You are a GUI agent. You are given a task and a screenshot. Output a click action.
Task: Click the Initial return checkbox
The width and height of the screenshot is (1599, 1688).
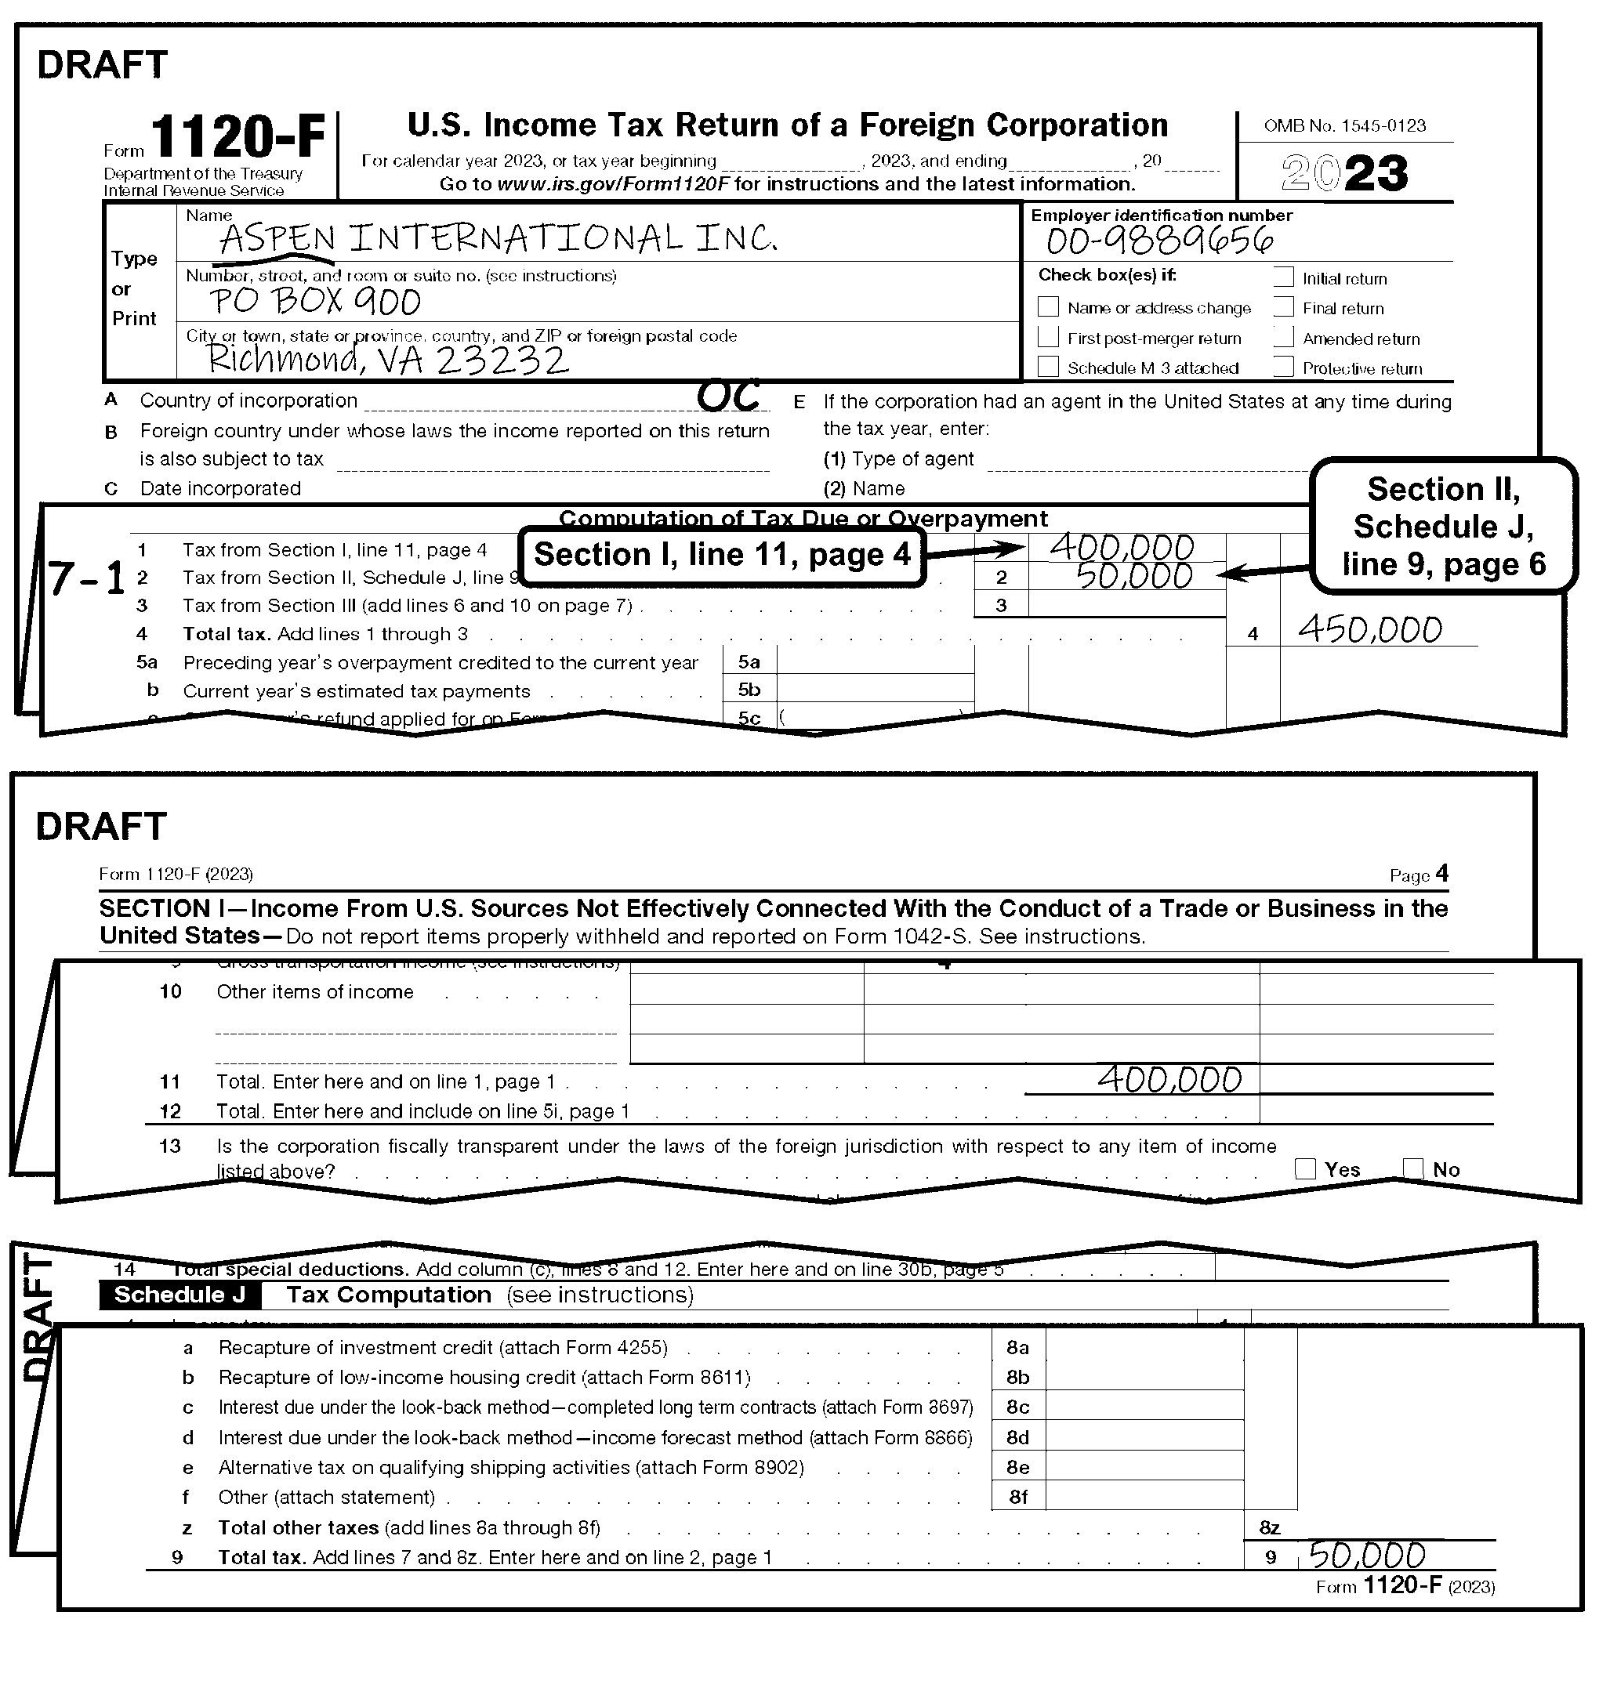[x=1283, y=277]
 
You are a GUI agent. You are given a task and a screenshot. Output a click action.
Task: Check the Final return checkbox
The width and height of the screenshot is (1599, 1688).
[x=1283, y=306]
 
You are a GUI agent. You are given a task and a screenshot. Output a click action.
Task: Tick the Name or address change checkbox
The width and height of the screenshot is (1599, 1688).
[x=1049, y=306]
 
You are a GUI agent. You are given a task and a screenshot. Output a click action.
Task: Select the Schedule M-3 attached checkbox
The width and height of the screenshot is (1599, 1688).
[x=1049, y=367]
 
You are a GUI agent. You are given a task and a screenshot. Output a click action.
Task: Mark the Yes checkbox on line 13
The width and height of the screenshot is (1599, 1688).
[x=1305, y=1168]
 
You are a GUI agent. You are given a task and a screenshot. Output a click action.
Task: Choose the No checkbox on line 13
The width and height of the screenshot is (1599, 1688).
[x=1412, y=1168]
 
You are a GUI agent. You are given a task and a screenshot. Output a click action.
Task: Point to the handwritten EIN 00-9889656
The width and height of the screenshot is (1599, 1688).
[x=1160, y=241]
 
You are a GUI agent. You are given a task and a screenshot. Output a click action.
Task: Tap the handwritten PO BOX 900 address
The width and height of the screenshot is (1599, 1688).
[x=315, y=302]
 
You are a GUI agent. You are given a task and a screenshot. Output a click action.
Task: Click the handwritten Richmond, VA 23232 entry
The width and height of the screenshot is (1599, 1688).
[x=388, y=360]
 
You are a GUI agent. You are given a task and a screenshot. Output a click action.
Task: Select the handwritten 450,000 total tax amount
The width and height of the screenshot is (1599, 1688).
[x=1369, y=631]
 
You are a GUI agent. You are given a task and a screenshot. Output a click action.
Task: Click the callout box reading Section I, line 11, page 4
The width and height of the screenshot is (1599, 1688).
[x=722, y=556]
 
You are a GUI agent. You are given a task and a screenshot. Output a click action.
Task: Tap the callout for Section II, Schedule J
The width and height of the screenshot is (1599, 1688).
[x=1443, y=526]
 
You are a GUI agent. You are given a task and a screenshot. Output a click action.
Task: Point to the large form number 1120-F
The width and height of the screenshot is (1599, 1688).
[x=237, y=138]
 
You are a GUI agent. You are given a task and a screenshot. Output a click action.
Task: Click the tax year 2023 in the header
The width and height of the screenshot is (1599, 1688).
[x=1345, y=173]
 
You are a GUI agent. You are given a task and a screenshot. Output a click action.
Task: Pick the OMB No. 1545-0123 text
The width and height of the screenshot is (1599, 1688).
[x=1344, y=126]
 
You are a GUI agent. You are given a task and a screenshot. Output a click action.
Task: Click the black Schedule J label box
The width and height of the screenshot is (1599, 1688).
[x=179, y=1295]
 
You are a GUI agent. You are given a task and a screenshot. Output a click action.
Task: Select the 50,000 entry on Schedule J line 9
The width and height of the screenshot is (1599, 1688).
[x=1366, y=1556]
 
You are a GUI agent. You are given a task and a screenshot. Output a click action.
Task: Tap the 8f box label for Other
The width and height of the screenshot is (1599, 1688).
[x=1017, y=1496]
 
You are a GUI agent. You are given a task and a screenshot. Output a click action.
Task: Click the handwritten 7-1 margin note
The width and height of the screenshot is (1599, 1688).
[x=87, y=579]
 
